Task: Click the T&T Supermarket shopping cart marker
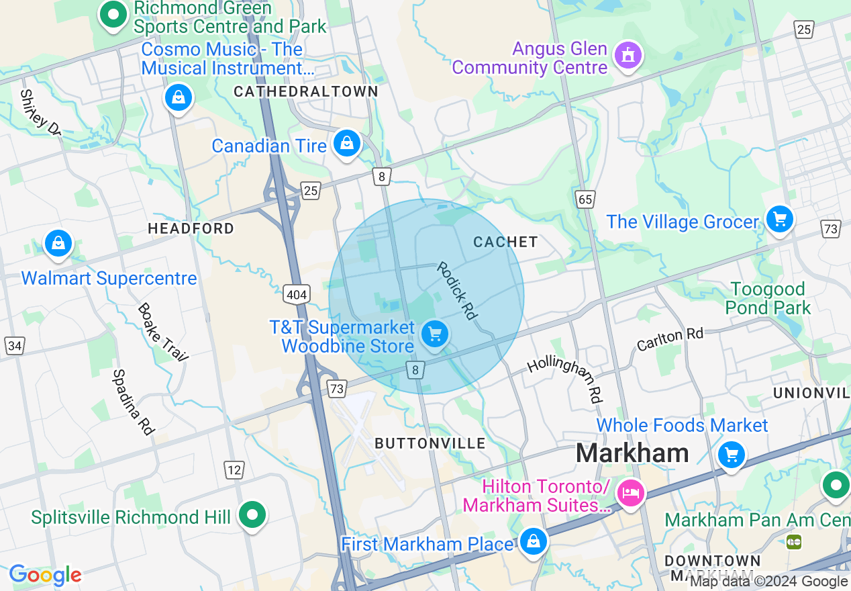434,332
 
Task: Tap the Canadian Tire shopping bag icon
347,143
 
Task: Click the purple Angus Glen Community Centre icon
628,54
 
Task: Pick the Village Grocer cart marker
779,219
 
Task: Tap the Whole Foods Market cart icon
732,455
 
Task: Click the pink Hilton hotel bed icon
630,494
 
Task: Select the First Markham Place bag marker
533,541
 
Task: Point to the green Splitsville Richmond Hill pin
253,515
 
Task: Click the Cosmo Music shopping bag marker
179,98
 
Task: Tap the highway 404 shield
297,294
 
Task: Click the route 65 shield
585,199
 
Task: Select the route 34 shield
15,346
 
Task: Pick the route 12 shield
234,470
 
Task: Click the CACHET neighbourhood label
505,242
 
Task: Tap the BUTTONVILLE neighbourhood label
430,443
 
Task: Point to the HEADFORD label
191,228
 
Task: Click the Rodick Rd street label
456,290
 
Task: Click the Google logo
45,576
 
